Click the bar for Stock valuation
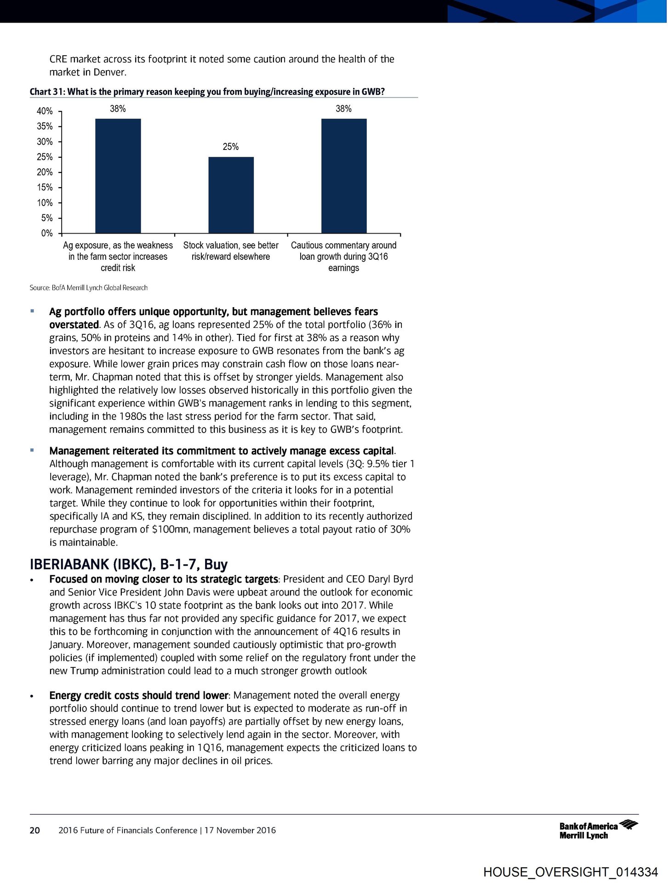pyautogui.click(x=231, y=195)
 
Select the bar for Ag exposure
pyautogui.click(x=118, y=176)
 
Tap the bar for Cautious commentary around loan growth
pyautogui.click(x=344, y=176)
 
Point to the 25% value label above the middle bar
pyautogui.click(x=230, y=147)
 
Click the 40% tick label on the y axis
pyautogui.click(x=45, y=111)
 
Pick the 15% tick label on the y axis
pyautogui.click(x=45, y=187)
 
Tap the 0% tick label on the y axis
pyautogui.click(x=46, y=233)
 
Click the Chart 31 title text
pyautogui.click(x=207, y=92)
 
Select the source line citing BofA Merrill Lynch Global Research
pyautogui.click(x=89, y=288)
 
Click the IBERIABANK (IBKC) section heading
pyautogui.click(x=129, y=564)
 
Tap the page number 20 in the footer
pyautogui.click(x=34, y=830)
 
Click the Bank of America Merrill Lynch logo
pyautogui.click(x=598, y=830)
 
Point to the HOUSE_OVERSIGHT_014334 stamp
pyautogui.click(x=571, y=872)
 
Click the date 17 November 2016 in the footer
pyautogui.click(x=240, y=830)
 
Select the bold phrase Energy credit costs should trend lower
pyautogui.click(x=138, y=695)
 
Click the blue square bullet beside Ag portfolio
pyautogui.click(x=32, y=311)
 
